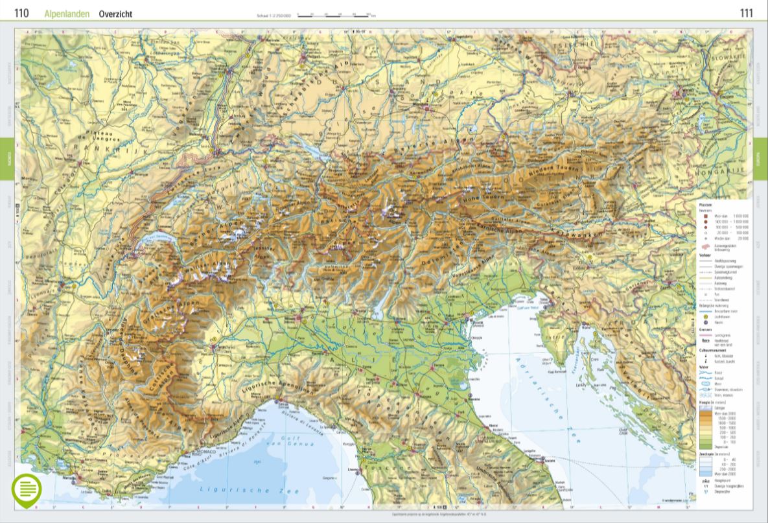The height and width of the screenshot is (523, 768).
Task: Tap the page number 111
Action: point(746,13)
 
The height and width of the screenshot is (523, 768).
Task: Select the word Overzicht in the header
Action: point(115,14)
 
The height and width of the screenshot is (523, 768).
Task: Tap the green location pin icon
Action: point(27,491)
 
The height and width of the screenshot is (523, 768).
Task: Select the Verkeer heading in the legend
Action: point(704,255)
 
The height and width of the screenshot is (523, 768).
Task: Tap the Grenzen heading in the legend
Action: point(705,329)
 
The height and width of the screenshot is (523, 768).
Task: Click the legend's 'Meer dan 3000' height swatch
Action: point(705,412)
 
